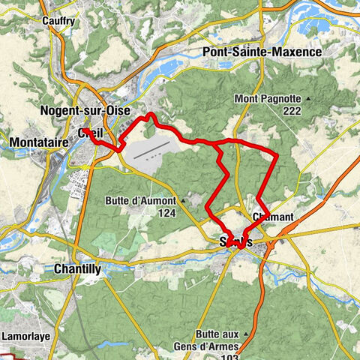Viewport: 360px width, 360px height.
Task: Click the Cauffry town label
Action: click(58, 21)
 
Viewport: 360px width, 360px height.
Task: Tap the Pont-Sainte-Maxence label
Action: click(262, 52)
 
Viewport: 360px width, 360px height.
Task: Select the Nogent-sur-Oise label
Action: click(83, 111)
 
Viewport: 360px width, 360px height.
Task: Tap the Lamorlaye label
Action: click(25, 336)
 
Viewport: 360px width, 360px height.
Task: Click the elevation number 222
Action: click(292, 110)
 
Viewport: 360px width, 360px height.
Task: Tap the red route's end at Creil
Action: click(84, 130)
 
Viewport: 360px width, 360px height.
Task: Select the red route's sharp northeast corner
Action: click(277, 155)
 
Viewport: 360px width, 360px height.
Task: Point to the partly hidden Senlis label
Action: click(234, 241)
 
